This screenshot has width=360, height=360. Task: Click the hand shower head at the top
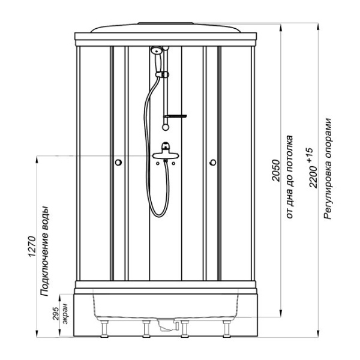[157, 50]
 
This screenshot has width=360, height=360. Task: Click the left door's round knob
[118, 163]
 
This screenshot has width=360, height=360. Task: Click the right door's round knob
[213, 163]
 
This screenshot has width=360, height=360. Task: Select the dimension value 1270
[32, 247]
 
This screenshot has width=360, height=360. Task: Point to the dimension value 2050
[276, 170]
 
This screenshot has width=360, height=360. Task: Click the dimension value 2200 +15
[313, 168]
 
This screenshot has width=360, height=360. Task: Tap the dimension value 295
[55, 313]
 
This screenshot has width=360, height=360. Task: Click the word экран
[65, 314]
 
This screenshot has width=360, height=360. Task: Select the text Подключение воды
[44, 251]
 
